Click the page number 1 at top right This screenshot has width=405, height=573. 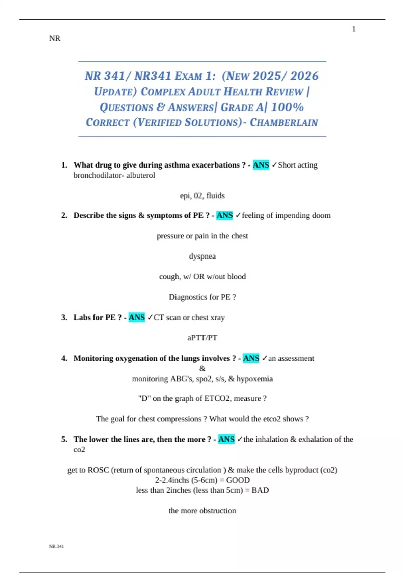click(354, 29)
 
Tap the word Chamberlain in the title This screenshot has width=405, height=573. click(284, 122)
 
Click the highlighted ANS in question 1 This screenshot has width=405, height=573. click(261, 165)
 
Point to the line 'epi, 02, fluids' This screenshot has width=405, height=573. click(202, 195)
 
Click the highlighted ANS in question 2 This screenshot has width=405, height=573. click(224, 215)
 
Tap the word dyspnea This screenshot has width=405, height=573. click(202, 256)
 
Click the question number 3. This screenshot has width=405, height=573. click(64, 318)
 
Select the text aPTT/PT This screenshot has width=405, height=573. click(202, 338)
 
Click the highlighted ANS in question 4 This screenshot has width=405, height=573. click(251, 358)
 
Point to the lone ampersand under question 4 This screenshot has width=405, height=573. click(202, 368)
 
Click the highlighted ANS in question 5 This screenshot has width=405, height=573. click(226, 439)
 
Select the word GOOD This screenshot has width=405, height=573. click(238, 480)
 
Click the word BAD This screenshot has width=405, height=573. click(260, 490)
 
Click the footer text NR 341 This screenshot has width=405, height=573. click(56, 546)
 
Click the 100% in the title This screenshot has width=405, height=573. click(287, 107)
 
